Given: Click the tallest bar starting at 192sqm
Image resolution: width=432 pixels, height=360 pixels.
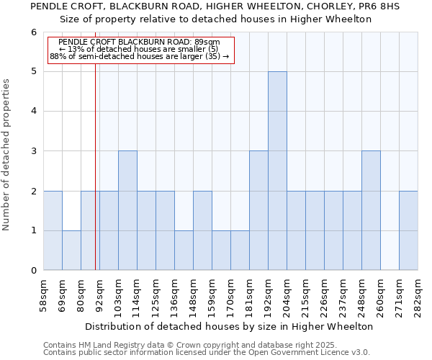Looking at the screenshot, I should click(277, 171).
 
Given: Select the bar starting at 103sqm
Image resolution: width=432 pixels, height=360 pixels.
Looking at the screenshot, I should click(127, 210).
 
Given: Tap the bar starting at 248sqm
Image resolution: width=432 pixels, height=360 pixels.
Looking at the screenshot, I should click(371, 210).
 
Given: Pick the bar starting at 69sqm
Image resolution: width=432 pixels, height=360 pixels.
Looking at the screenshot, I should click(71, 251).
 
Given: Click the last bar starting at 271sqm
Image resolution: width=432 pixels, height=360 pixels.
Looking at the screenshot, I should click(408, 230).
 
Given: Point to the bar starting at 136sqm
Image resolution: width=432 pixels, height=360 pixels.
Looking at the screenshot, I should click(184, 251).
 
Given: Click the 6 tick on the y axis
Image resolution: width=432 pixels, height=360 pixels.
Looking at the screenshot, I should click(33, 32).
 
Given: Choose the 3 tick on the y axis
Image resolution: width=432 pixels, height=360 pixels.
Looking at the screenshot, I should click(33, 151).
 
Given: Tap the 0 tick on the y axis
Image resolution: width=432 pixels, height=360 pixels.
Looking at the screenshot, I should click(33, 271).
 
